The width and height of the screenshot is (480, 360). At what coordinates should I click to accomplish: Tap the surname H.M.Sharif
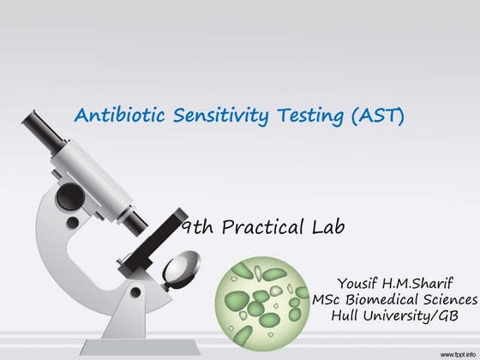coord(426,282)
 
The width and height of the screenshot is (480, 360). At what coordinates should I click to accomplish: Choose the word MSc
coord(329,299)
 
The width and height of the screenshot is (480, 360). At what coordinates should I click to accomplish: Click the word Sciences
coord(449,299)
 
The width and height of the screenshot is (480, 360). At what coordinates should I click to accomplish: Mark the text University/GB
coord(414,316)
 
